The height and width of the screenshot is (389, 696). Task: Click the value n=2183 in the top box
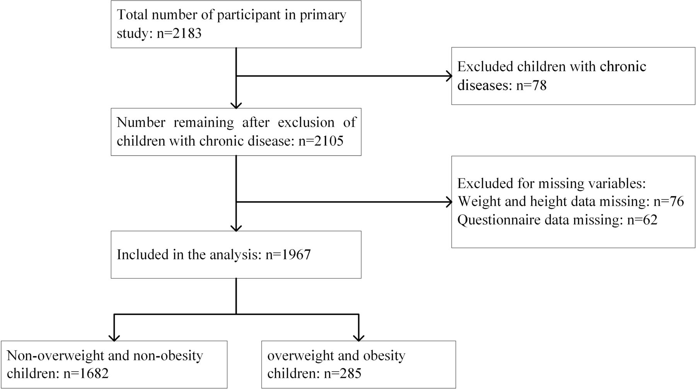(x=179, y=34)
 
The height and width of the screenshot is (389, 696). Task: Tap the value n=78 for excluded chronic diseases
(x=531, y=85)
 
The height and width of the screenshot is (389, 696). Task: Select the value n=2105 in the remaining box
(x=321, y=141)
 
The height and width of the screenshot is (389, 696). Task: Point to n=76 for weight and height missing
(x=669, y=201)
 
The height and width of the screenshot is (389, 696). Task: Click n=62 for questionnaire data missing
(x=642, y=220)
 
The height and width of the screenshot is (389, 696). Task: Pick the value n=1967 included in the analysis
(x=288, y=255)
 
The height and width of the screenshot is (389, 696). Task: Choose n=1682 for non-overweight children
(x=86, y=374)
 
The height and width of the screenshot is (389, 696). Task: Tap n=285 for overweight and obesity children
(x=343, y=374)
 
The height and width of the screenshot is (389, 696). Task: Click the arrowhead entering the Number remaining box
(x=236, y=105)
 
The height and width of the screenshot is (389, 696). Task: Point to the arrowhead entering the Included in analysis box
(x=236, y=228)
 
